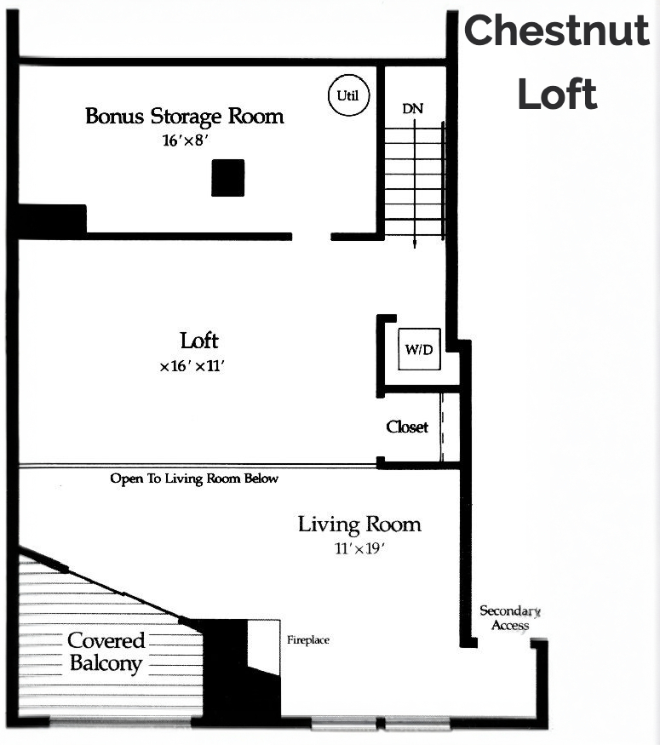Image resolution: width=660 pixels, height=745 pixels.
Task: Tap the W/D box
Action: click(419, 349)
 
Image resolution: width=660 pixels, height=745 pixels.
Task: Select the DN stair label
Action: click(412, 109)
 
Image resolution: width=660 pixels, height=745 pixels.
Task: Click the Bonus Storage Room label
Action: click(184, 116)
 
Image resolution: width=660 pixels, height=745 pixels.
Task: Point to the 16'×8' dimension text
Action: click(186, 140)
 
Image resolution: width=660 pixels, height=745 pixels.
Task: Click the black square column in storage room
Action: click(227, 178)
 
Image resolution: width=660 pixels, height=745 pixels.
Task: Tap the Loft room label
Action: click(199, 341)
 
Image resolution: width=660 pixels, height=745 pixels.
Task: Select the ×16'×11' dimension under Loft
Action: click(192, 366)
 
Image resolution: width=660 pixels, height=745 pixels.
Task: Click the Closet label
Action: click(407, 427)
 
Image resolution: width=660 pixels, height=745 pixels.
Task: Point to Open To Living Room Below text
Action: click(194, 479)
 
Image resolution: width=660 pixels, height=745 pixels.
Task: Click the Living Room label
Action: click(359, 524)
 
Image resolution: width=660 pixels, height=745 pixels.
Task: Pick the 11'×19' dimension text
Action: click(359, 549)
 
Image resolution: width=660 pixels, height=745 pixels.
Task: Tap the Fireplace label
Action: click(308, 640)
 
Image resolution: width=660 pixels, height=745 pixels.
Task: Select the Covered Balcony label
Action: click(106, 652)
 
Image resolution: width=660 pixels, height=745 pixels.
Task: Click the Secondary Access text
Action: click(510, 617)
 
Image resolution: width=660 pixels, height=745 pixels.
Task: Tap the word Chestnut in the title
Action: click(556, 30)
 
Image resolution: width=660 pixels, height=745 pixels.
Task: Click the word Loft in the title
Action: click(557, 94)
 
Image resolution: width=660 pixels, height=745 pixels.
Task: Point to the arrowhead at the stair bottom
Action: click(415, 244)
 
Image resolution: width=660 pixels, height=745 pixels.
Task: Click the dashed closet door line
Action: click(442, 427)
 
